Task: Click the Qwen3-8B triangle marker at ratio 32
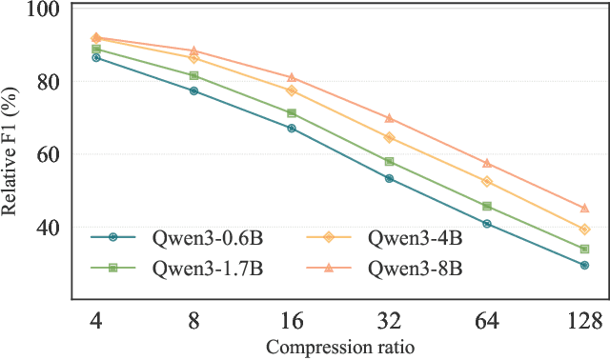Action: click(x=389, y=118)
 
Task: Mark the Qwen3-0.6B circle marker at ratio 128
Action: click(x=584, y=266)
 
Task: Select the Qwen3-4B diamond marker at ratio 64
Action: click(x=487, y=181)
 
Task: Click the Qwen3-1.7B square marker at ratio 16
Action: click(x=292, y=112)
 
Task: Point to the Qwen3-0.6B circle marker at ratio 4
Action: click(x=96, y=58)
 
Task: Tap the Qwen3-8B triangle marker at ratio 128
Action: click(x=584, y=208)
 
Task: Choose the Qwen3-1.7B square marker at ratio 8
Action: click(x=193, y=75)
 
